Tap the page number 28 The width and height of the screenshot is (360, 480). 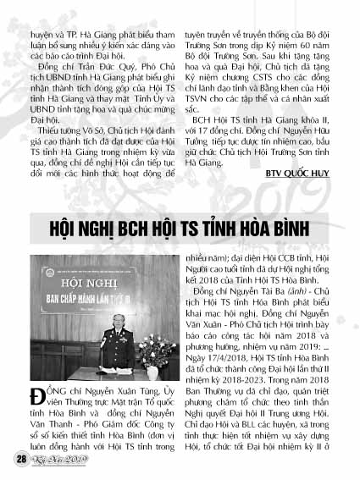tap(19, 459)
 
